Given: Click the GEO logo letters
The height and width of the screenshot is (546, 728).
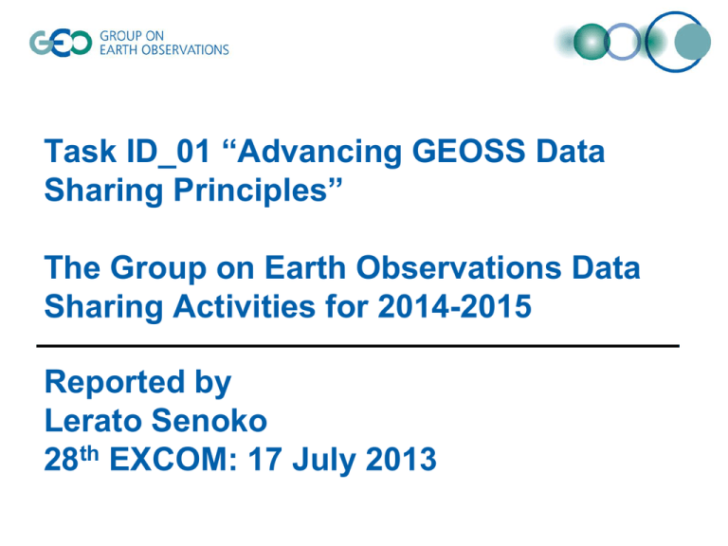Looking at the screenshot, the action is [x=61, y=44].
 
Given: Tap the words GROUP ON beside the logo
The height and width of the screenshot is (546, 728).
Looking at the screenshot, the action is [x=132, y=36].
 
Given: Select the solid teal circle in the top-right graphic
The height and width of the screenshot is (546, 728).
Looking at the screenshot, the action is [x=692, y=42].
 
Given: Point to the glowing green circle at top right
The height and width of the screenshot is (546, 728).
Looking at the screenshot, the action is [x=591, y=42].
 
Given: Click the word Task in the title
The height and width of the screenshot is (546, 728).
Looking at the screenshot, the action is [x=80, y=152].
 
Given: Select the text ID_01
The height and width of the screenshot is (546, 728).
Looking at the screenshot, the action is [x=168, y=153].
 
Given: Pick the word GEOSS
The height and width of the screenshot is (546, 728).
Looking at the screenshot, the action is [x=469, y=152].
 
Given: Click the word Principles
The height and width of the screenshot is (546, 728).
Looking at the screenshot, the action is [x=250, y=191].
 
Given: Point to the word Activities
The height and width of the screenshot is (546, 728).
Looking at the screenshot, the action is [x=245, y=306].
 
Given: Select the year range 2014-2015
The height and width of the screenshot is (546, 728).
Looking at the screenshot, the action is [x=455, y=306].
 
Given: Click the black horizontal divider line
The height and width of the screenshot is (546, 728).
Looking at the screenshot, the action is [x=358, y=346].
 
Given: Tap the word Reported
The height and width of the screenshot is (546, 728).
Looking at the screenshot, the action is [x=115, y=382].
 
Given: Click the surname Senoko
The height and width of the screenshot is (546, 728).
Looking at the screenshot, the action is [x=209, y=421].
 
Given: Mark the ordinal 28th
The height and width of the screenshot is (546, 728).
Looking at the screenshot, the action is [x=71, y=459].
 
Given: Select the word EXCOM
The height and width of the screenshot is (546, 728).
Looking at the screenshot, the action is [x=173, y=459].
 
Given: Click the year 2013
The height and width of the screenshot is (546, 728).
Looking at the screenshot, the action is [x=401, y=459].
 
